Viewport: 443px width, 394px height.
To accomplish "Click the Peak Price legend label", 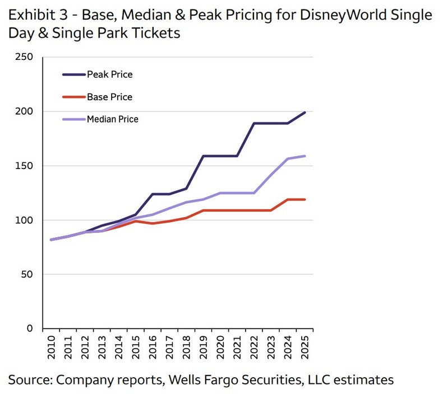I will pyautogui.click(x=109, y=74).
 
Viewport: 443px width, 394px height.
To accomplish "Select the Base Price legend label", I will pyautogui.click(x=109, y=97).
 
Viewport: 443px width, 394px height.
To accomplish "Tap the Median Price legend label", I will pyautogui.click(x=112, y=119).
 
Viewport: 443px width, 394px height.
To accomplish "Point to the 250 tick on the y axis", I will pyautogui.click(x=25, y=57).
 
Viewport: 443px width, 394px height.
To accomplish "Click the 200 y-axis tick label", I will pyautogui.click(x=25, y=111).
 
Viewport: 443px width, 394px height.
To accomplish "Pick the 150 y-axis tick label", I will pyautogui.click(x=25, y=166).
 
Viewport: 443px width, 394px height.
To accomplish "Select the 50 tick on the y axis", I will pyautogui.click(x=28, y=274).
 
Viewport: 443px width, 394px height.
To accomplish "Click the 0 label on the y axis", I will pyautogui.click(x=30, y=329).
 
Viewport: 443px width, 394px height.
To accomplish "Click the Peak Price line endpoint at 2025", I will pyautogui.click(x=305, y=112).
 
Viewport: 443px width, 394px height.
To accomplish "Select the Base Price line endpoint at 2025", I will pyautogui.click(x=305, y=199).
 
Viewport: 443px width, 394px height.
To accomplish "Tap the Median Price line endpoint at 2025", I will pyautogui.click(x=305, y=156).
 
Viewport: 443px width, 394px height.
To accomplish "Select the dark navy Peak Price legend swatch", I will pyautogui.click(x=73, y=74).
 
